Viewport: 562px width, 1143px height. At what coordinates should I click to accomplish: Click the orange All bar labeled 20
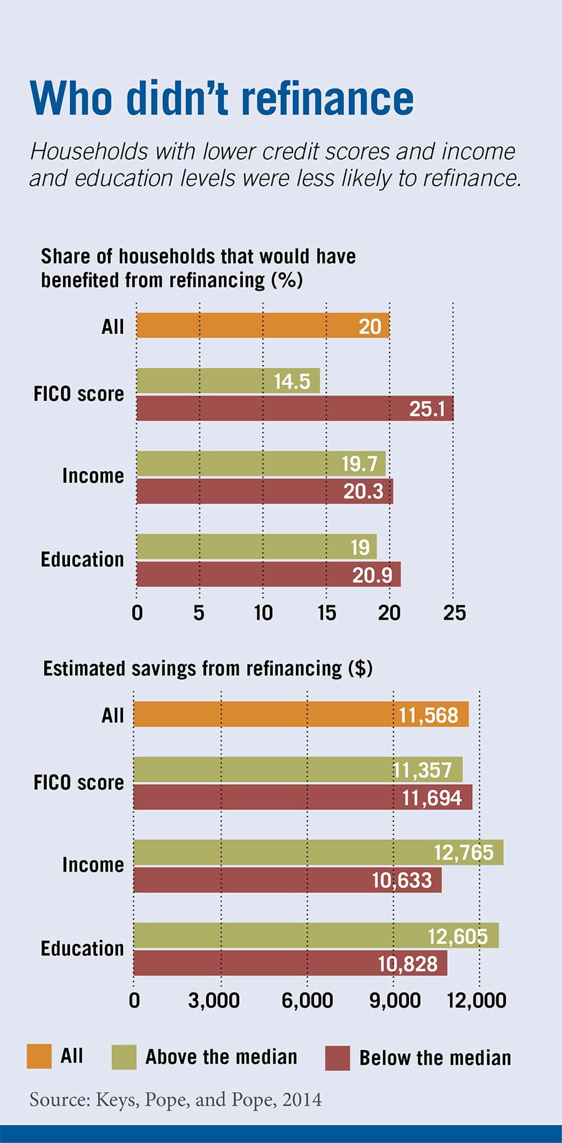[x=262, y=326]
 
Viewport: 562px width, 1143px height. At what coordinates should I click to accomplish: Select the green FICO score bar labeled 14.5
[x=228, y=381]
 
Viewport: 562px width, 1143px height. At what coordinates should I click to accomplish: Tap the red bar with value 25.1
[x=295, y=409]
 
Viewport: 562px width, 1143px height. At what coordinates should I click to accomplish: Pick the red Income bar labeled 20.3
[x=265, y=491]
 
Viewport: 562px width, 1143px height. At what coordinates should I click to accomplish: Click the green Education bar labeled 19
[x=256, y=547]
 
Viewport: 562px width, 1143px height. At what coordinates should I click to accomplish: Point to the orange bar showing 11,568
[x=300, y=714]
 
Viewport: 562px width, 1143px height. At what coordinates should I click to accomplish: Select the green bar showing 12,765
[x=318, y=852]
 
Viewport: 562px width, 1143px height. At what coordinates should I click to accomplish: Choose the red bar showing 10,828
[x=290, y=963]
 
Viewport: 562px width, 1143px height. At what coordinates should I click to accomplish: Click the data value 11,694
[x=432, y=798]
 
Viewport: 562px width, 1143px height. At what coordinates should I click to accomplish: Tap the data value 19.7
[x=359, y=464]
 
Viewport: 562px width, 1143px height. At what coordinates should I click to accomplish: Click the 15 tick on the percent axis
[x=327, y=613]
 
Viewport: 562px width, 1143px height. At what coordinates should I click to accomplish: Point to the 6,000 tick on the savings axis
[x=307, y=1000]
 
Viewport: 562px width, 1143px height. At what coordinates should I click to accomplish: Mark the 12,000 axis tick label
[x=476, y=1000]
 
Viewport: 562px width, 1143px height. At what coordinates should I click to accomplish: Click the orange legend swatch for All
[x=39, y=1056]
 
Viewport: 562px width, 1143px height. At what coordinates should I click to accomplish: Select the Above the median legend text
[x=221, y=1057]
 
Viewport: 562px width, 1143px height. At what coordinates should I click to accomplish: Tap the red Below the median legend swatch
[x=337, y=1058]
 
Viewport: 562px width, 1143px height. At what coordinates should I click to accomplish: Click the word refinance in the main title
[x=327, y=99]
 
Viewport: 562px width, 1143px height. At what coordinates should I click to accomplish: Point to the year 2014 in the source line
[x=302, y=1099]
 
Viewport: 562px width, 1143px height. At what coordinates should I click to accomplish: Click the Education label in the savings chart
[x=82, y=948]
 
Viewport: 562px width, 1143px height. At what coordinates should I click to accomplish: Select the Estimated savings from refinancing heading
[x=207, y=669]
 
